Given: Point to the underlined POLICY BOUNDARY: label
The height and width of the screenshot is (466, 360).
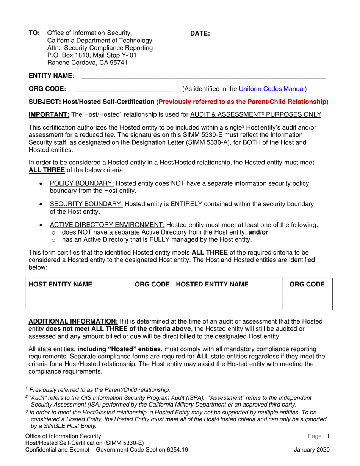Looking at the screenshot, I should tap(82, 184).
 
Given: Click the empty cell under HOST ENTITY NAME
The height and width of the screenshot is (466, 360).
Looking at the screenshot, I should tap(78, 300).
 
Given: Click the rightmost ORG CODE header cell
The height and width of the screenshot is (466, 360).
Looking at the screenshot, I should tap(307, 284).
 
